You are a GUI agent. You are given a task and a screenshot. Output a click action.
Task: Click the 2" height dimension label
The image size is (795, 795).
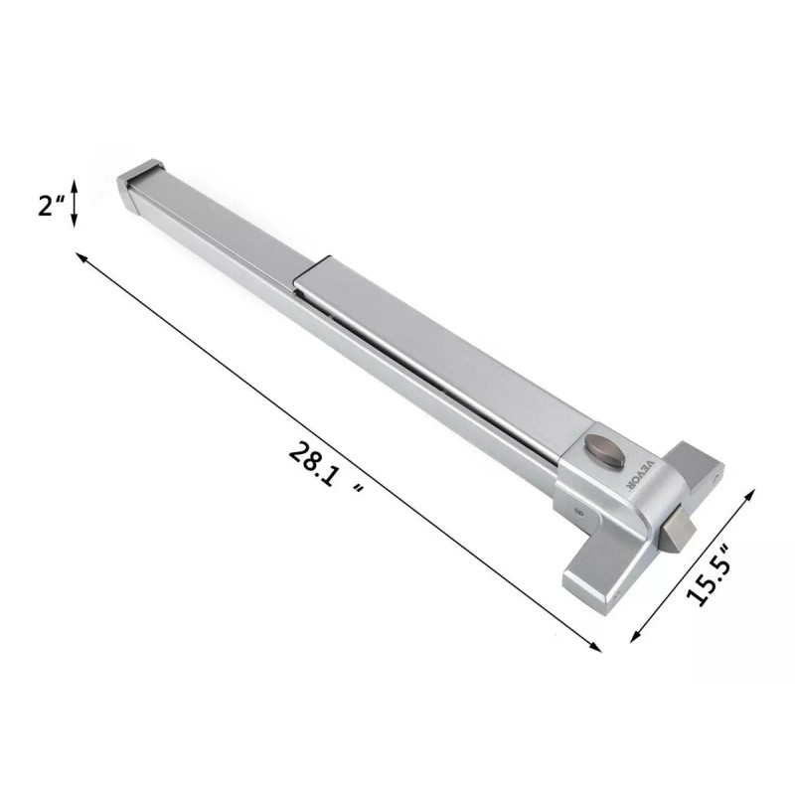tap(52, 206)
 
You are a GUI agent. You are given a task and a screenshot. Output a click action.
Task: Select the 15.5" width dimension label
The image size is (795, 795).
tap(709, 575)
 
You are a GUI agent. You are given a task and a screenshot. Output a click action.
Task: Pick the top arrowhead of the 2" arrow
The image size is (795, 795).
tap(74, 185)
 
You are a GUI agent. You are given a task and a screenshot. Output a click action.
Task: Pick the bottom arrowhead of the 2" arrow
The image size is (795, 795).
tap(74, 221)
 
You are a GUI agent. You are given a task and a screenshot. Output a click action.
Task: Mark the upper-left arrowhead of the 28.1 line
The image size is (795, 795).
tap(81, 257)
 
